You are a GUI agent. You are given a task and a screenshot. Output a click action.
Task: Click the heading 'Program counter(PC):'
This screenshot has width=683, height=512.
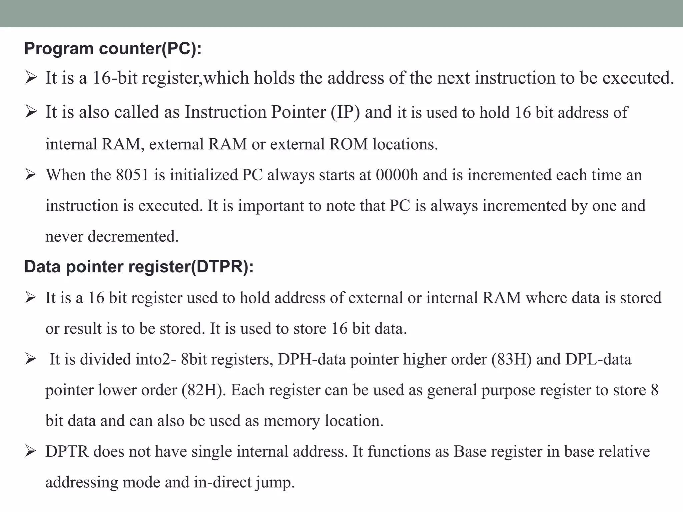coord(113,49)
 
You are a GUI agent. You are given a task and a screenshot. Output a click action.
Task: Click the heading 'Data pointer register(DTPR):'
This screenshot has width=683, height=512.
coord(139,267)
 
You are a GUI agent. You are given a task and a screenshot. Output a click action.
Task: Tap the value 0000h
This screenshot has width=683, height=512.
coord(397,175)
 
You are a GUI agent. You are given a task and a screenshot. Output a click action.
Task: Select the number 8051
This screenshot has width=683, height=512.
coord(132,175)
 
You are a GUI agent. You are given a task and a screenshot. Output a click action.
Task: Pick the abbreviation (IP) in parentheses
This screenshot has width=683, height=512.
coord(346,112)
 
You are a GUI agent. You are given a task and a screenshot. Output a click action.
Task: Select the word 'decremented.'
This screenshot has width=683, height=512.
coord(133,236)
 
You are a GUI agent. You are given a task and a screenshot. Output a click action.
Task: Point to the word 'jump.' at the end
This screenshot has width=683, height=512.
coord(275,482)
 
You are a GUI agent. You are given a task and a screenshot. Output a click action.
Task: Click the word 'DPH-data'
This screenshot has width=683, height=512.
coord(311,359)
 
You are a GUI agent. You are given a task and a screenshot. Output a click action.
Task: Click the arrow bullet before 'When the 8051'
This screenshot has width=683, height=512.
coord(31,175)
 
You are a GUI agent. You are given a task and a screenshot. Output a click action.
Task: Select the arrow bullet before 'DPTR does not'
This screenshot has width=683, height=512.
coord(31,451)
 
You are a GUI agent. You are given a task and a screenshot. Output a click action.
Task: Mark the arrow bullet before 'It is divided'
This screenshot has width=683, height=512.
coord(31,359)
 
